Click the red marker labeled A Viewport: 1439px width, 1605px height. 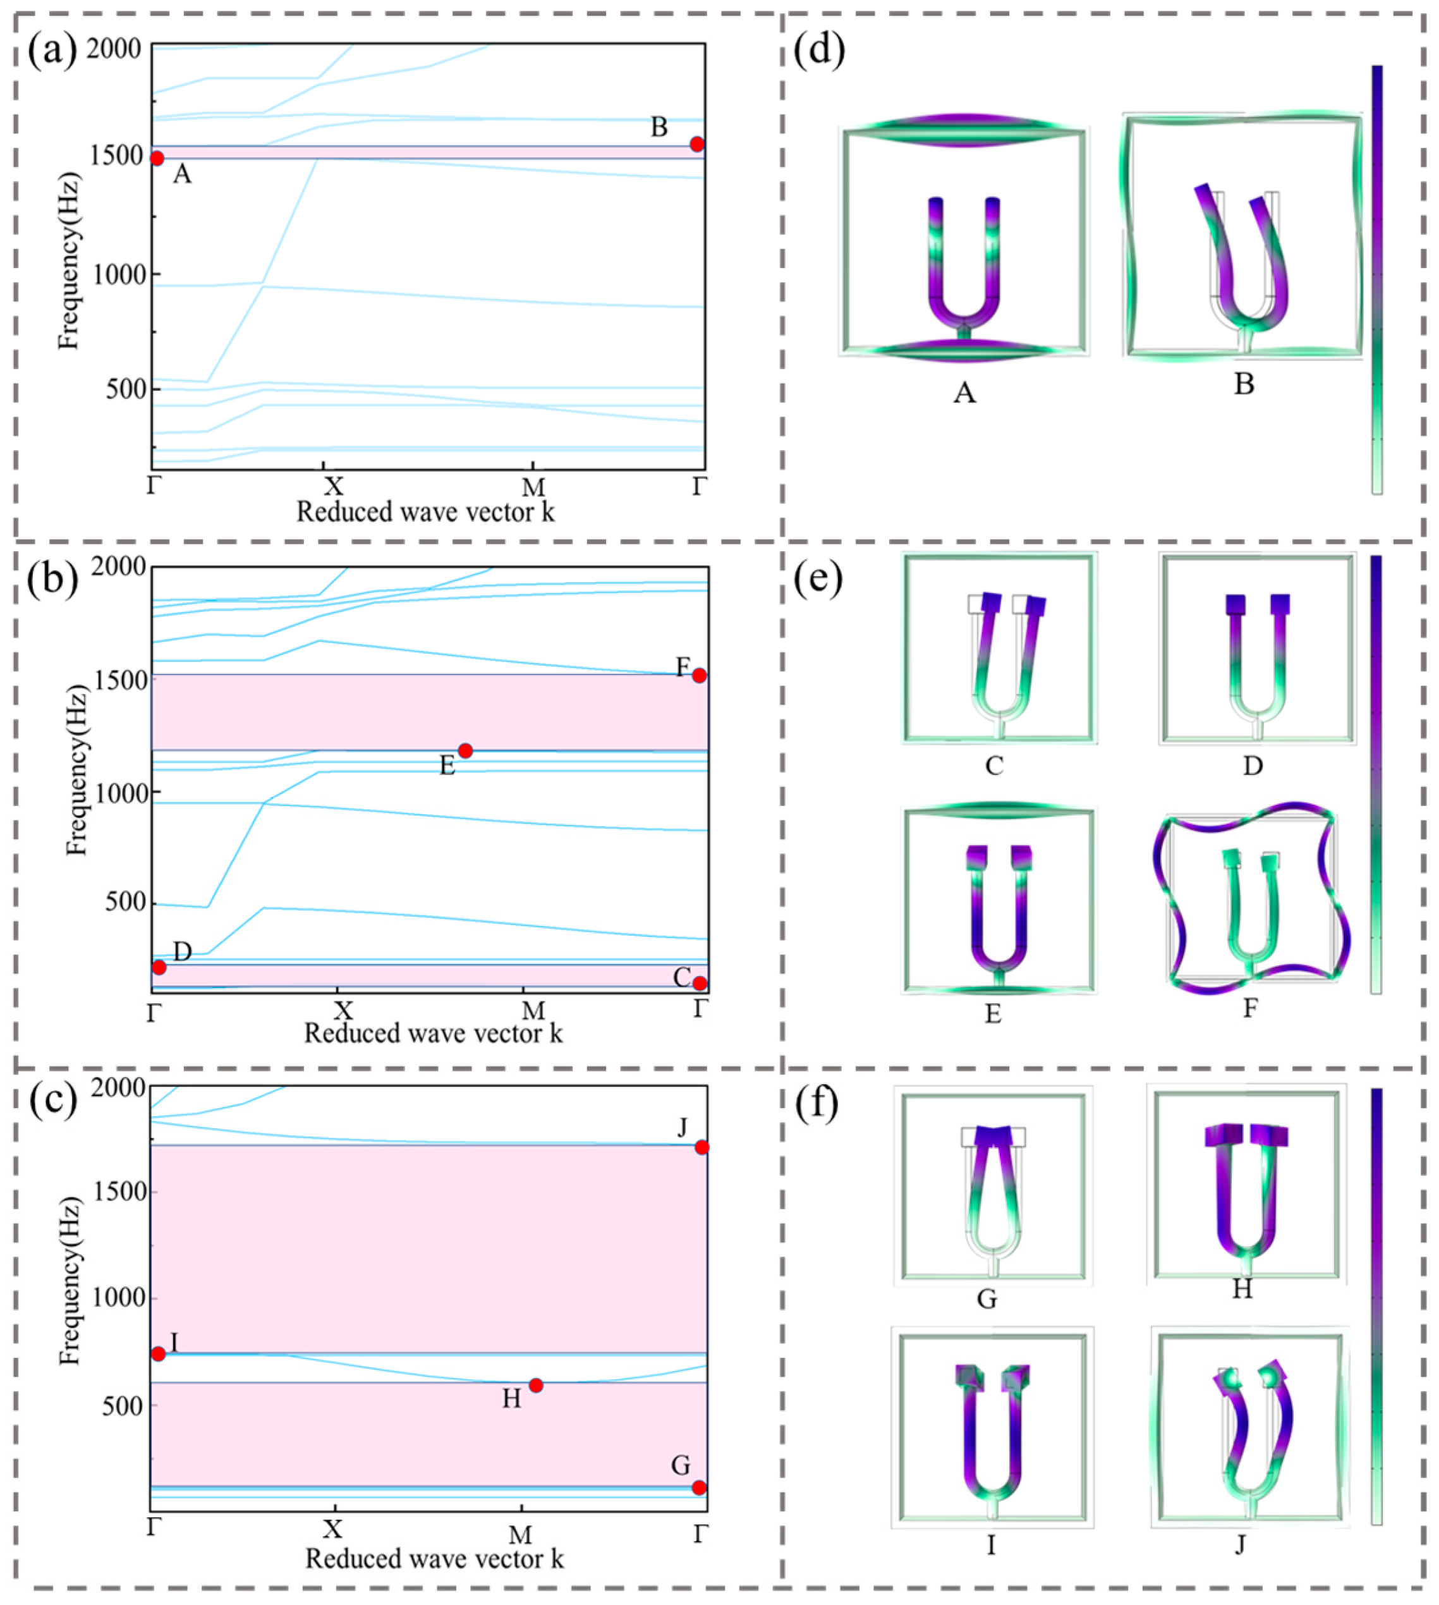tap(157, 158)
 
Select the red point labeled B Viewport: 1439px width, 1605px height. tap(696, 144)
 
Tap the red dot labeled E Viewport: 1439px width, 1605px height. tap(465, 750)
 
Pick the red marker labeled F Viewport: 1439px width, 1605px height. tap(699, 676)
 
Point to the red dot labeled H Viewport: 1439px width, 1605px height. tap(535, 1385)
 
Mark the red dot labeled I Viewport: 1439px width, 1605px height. tap(158, 1353)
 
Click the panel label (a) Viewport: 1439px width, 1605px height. tap(52, 51)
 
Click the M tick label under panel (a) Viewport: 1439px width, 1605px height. tap(533, 487)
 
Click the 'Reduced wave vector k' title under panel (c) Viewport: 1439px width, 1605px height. tap(434, 1558)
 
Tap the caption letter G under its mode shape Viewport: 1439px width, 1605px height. tap(987, 1299)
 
